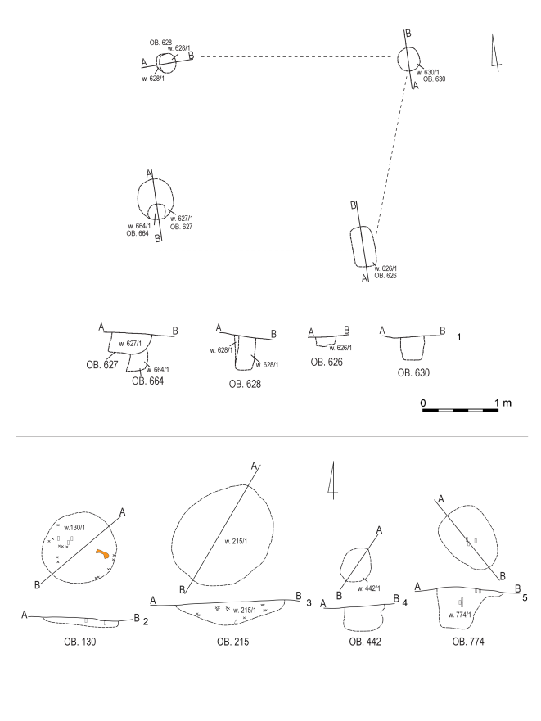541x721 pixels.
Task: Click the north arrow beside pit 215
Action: click(x=331, y=480)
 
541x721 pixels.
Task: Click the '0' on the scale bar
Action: click(x=423, y=403)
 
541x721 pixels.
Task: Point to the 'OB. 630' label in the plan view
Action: click(x=435, y=79)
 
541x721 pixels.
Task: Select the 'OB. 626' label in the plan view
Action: click(x=387, y=276)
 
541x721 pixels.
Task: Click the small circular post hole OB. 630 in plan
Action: click(x=409, y=59)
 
